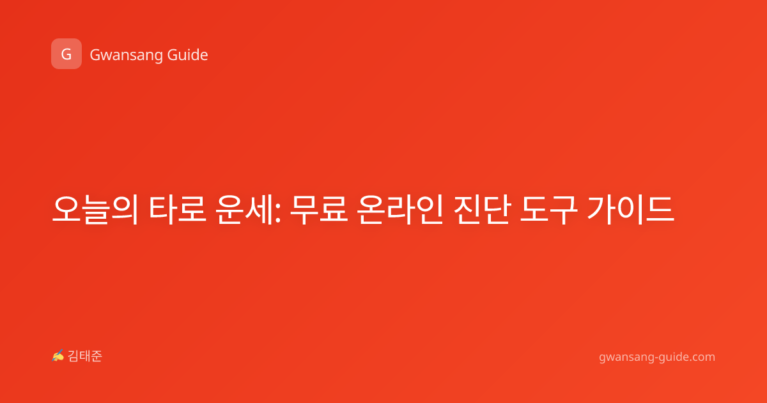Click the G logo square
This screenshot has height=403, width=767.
66,54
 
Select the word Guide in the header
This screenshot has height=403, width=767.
187,55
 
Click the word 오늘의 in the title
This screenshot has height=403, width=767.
95,210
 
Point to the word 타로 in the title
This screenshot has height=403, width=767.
178,210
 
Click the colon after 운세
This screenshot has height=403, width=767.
277,213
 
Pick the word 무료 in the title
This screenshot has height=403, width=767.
319,210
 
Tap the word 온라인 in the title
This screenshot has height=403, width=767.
400,210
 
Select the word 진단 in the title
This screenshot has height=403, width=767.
482,210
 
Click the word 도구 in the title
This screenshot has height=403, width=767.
549,210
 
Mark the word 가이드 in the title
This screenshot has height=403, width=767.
630,210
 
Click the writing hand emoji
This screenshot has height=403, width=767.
58,356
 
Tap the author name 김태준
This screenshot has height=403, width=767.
84,356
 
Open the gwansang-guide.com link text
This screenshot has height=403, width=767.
657,358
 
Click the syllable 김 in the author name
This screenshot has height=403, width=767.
73,356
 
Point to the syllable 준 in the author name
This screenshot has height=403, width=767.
97,356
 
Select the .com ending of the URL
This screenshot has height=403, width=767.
702,358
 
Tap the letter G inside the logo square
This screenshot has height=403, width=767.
66,54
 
